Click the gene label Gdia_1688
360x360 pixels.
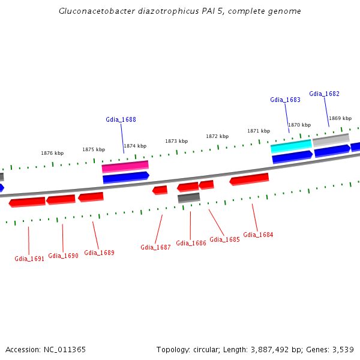click(121, 119)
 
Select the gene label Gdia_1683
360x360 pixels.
click(285, 100)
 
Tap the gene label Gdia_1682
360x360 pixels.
click(324, 94)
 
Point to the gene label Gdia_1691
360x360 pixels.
click(29, 259)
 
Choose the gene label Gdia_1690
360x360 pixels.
click(63, 256)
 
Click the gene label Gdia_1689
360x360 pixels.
click(99, 253)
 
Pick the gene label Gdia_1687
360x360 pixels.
click(155, 247)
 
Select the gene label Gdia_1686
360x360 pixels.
click(191, 244)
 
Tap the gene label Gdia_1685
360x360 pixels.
click(224, 239)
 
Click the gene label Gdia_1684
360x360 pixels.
click(258, 235)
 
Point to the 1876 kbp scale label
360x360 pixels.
click(52, 153)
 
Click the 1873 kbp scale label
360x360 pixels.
click(176, 141)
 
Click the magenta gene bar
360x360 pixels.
click(125, 166)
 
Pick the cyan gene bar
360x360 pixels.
click(291, 146)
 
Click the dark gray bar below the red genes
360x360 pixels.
click(188, 197)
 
